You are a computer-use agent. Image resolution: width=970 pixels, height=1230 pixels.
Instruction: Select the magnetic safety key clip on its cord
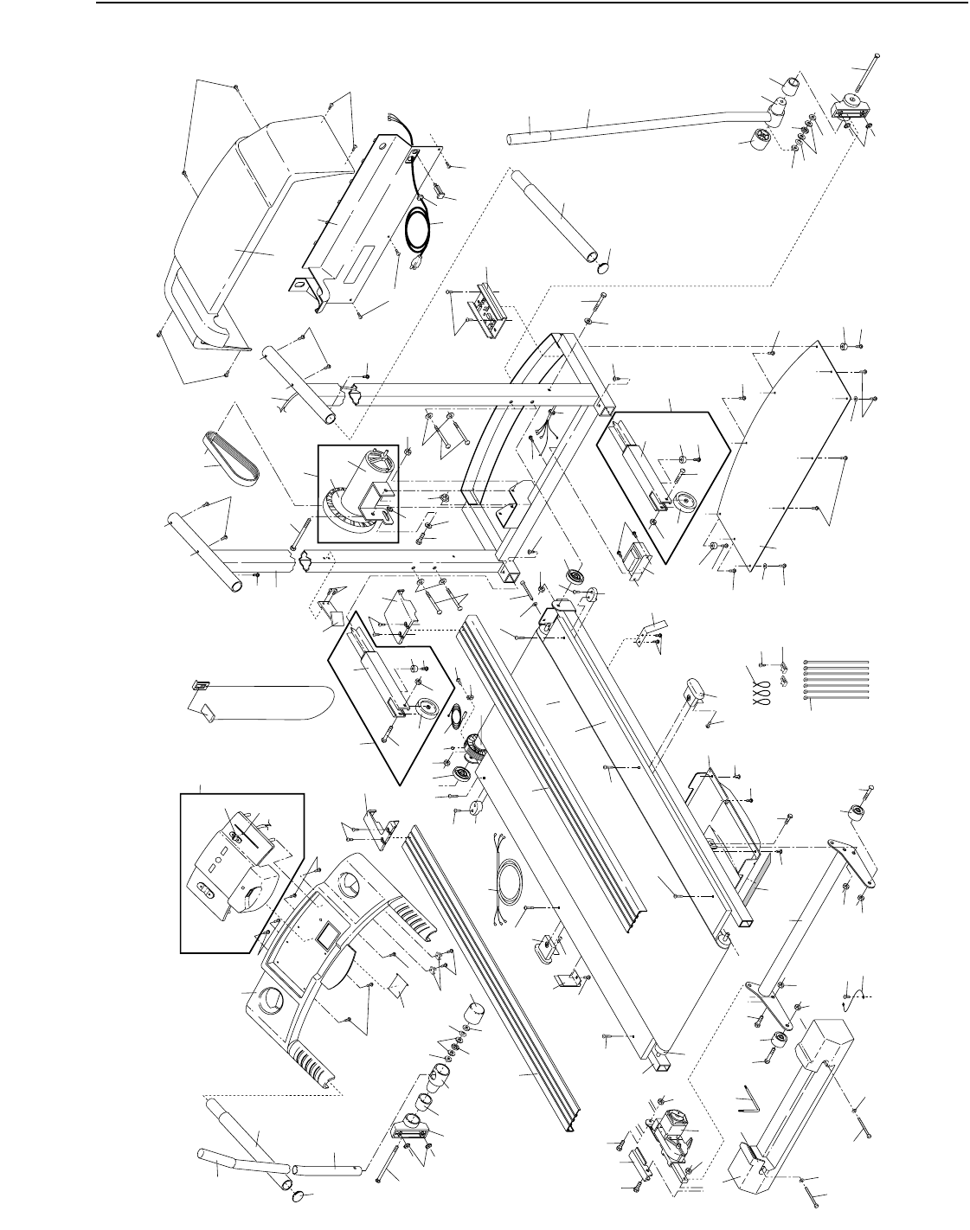201,684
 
